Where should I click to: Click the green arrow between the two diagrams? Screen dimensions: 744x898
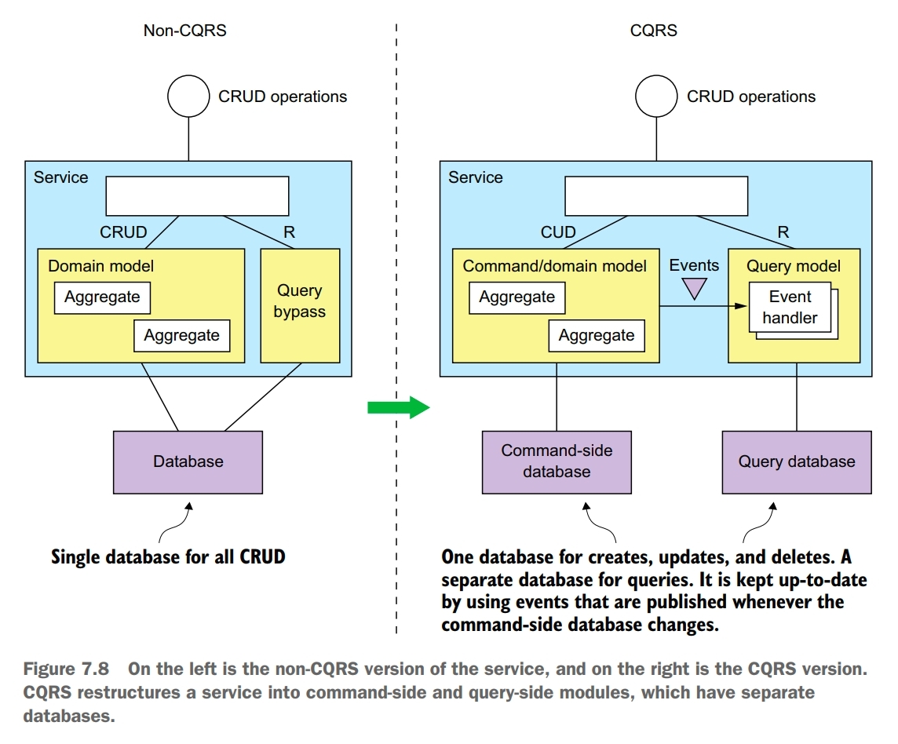(399, 407)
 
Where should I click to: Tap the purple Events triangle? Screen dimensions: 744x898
(694, 288)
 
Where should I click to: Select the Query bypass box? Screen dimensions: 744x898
(300, 305)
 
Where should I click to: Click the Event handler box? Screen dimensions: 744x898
(790, 308)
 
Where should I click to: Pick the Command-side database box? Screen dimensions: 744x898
(557, 461)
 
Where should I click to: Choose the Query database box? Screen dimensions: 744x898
(796, 461)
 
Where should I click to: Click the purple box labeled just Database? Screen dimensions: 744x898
(188, 461)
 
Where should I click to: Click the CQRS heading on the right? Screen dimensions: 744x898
(653, 31)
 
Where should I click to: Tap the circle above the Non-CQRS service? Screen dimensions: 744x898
(188, 97)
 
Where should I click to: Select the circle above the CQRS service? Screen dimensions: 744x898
(656, 97)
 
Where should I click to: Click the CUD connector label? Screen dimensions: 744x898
(557, 232)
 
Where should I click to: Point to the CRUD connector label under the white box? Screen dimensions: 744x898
(123, 232)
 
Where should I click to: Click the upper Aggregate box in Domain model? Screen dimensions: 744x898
(102, 297)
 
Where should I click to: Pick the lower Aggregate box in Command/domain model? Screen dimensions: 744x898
(597, 336)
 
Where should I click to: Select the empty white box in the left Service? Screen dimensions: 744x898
(197, 195)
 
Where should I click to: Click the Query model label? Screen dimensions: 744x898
(793, 266)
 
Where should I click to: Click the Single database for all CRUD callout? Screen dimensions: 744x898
(168, 557)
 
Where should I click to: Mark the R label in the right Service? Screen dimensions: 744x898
(783, 232)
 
